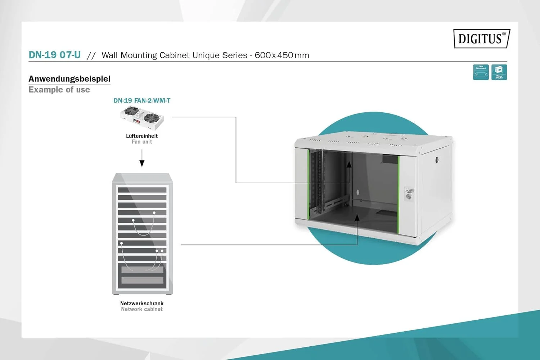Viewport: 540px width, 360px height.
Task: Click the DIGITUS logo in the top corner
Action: coord(481,39)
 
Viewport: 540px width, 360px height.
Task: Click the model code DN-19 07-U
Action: coord(55,55)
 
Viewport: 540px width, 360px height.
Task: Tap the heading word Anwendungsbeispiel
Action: coord(69,79)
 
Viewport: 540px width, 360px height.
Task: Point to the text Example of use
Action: coord(59,90)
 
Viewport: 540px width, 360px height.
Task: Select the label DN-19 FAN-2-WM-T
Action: coord(142,100)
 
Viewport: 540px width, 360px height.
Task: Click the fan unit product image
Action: coord(142,118)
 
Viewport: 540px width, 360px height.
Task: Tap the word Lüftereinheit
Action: coord(142,136)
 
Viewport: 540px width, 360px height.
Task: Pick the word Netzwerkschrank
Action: coord(142,303)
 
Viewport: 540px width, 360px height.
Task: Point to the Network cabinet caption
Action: coord(142,309)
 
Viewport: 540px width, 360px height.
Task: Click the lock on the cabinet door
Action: coord(409,196)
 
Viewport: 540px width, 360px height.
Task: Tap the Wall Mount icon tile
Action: coord(499,72)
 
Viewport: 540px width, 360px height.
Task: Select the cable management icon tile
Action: coord(481,72)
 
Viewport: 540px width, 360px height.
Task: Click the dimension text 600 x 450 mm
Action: coord(282,55)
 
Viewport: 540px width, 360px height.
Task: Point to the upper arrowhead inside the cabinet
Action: coord(349,164)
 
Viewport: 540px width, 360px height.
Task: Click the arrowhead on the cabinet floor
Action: coord(357,218)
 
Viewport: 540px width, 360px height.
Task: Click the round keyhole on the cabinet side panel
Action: coord(437,159)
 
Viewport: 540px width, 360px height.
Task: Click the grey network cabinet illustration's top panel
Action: coord(142,178)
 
